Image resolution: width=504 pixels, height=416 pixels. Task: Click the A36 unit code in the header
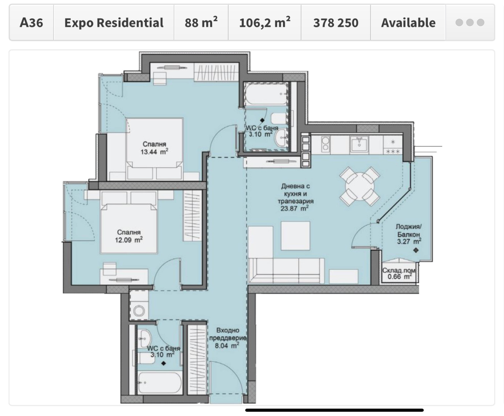pos(31,23)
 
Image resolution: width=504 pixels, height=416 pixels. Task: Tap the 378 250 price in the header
pos(335,23)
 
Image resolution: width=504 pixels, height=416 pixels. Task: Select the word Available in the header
pos(408,23)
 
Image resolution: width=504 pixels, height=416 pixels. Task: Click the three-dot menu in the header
pos(470,22)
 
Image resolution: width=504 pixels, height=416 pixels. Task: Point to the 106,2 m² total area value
pos(265,22)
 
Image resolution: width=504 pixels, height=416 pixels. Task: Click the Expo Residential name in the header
pos(114,23)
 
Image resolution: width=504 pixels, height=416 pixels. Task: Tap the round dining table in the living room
pos(359,186)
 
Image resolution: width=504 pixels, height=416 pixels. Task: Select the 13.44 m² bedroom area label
pos(154,151)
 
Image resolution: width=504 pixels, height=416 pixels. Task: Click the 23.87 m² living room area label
pos(295,208)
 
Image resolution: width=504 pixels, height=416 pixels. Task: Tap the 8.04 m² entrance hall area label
pos(227,345)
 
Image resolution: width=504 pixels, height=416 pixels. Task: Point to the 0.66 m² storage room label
pos(399,276)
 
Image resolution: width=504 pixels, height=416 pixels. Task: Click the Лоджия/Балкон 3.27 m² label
pos(409,234)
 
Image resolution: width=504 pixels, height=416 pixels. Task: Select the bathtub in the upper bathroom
pos(266,94)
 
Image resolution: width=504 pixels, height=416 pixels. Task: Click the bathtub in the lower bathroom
pos(160,383)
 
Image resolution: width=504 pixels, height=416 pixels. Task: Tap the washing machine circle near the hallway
pos(139,311)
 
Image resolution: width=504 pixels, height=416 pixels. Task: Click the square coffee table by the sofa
pos(295,236)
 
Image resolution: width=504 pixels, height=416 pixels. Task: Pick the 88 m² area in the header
pos(201,22)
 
